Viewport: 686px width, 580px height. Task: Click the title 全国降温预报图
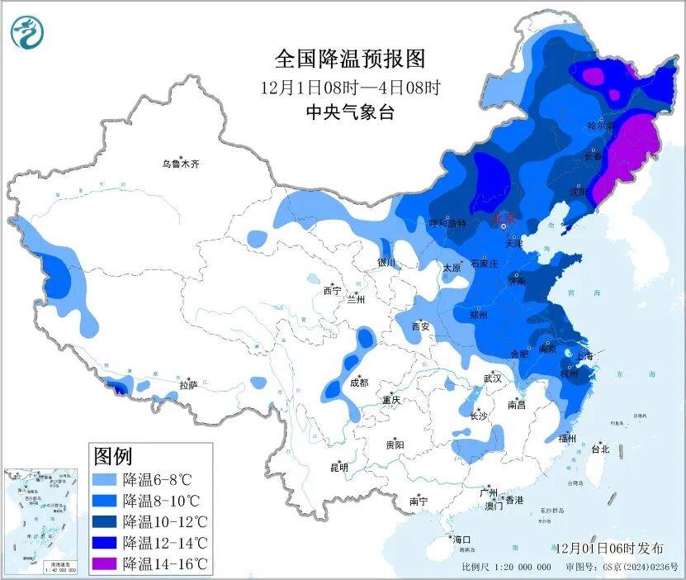[x=349, y=59]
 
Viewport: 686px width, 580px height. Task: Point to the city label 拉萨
[x=187, y=384]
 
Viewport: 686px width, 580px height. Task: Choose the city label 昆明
[x=339, y=468]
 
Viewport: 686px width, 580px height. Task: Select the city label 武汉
[x=493, y=378]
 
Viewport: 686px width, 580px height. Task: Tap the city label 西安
[x=420, y=326]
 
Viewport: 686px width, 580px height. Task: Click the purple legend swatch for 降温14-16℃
[x=105, y=564]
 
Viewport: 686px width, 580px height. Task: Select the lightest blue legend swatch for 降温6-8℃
[x=105, y=478]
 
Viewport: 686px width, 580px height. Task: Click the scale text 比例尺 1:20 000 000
[x=506, y=568]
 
